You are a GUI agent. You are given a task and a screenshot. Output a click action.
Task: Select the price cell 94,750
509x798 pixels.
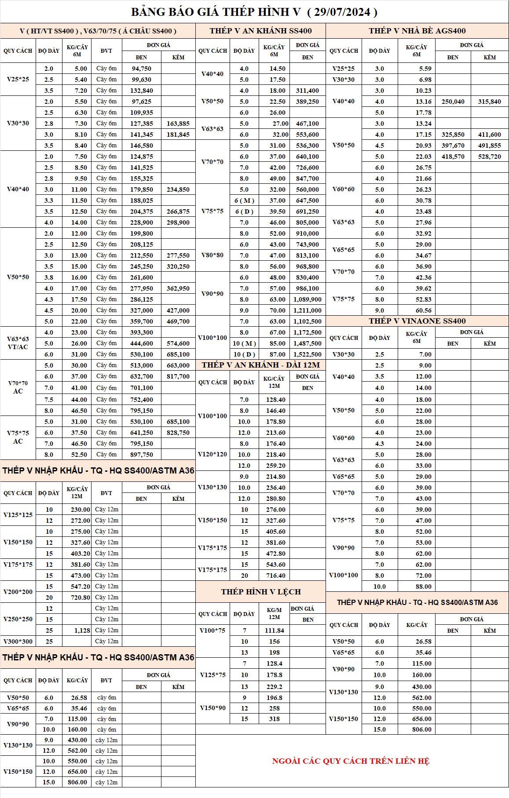coord(142,69)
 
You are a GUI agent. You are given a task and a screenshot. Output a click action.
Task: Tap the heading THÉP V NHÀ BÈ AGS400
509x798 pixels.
coord(417,31)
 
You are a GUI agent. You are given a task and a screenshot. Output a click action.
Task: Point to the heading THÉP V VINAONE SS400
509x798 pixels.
coord(417,321)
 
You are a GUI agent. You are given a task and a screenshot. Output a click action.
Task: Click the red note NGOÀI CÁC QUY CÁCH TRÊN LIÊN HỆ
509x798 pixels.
coord(351,761)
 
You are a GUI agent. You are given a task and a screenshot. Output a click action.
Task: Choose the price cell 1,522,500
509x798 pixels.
coord(308,354)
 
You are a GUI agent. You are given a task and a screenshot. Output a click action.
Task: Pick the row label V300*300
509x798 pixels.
coord(18,641)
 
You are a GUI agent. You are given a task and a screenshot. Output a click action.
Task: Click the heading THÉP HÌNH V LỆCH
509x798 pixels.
coord(261,592)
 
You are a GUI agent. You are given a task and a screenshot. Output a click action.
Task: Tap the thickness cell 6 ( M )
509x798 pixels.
coord(244,200)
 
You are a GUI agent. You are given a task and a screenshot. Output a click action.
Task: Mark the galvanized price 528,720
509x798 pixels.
coord(490,157)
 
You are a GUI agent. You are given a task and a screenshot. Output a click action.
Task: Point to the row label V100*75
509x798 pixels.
coord(212,630)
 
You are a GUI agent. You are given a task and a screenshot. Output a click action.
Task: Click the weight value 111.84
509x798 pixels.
coord(275,630)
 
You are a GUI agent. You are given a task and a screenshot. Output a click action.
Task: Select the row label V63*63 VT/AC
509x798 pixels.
coord(18,343)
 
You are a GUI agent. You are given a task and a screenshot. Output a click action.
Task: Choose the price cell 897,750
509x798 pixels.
coord(142,455)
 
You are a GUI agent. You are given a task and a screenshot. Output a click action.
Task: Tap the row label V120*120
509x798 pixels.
coord(212,455)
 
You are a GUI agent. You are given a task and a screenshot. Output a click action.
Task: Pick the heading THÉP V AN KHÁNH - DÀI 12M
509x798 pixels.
coord(261,365)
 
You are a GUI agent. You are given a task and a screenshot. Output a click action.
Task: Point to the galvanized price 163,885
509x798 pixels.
coord(178,124)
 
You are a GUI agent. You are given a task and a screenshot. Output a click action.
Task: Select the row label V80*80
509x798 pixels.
coord(212,255)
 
